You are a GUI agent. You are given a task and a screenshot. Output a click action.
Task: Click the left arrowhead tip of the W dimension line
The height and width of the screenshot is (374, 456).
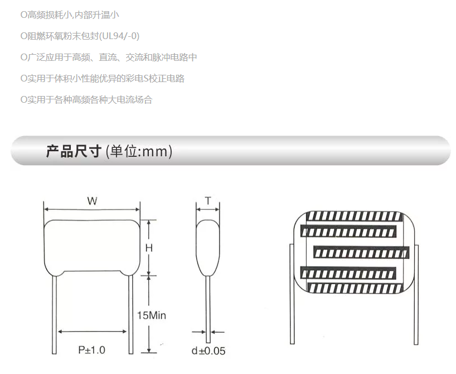[44, 209]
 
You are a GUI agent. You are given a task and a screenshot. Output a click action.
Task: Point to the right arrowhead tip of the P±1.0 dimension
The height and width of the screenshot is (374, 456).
[127, 331]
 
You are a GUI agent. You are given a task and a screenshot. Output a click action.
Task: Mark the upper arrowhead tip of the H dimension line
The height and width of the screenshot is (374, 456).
[149, 220]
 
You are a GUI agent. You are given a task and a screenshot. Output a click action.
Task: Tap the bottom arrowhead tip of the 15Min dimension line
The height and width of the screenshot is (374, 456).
[149, 353]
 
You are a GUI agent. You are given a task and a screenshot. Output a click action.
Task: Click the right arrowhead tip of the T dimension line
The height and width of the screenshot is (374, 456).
[219, 209]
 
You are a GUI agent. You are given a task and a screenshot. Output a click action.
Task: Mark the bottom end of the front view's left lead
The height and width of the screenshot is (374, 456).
[54, 353]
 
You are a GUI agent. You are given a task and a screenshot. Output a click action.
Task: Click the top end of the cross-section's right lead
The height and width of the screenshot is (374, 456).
[416, 245]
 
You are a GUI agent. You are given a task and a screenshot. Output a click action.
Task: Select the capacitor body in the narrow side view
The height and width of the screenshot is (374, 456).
[207, 248]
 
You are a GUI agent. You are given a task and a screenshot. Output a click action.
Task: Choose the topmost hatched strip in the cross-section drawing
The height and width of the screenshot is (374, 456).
[355, 216]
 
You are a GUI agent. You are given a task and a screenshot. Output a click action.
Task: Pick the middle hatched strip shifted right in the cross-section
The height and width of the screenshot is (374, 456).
[361, 252]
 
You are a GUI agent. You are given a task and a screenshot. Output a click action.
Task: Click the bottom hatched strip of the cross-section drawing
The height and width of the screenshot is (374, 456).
[355, 288]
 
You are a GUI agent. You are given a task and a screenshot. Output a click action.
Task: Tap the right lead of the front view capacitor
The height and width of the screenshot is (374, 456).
[131, 314]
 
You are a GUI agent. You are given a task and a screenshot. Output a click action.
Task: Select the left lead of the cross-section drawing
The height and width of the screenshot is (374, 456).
[292, 294]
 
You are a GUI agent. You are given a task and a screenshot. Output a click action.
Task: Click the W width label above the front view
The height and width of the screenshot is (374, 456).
[92, 201]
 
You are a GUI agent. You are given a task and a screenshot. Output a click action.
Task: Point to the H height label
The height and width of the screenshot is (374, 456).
[149, 248]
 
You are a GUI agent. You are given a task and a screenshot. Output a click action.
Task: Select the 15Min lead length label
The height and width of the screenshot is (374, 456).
[152, 315]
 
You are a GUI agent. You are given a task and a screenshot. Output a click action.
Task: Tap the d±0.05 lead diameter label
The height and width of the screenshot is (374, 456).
[208, 351]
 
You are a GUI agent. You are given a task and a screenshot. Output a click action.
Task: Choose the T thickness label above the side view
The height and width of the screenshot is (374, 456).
[208, 201]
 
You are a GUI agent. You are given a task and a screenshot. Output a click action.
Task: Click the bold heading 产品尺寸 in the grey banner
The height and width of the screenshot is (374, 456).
[74, 151]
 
